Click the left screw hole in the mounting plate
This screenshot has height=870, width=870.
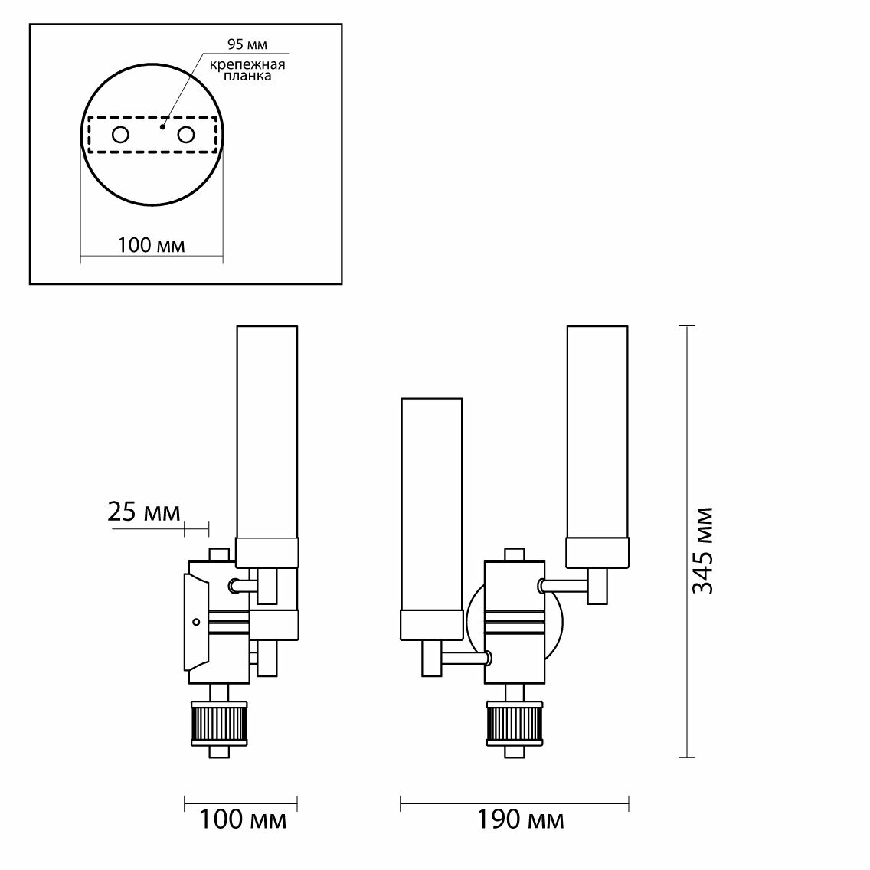click(x=121, y=135)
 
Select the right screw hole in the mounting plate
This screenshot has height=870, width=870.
click(x=186, y=135)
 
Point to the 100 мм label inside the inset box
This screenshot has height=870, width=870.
click(x=151, y=245)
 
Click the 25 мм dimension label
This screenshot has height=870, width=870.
click(x=144, y=512)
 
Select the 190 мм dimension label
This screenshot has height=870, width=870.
click(x=521, y=821)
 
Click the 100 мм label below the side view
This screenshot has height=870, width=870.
click(x=244, y=821)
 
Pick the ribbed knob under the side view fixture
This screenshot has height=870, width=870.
click(x=219, y=724)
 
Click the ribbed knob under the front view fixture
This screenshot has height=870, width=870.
click(x=514, y=724)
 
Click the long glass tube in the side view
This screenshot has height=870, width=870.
click(x=267, y=433)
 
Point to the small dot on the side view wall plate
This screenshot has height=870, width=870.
click(x=196, y=621)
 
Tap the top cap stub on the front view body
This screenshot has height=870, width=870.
click(x=514, y=554)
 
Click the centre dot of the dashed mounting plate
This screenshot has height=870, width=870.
click(x=162, y=127)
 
